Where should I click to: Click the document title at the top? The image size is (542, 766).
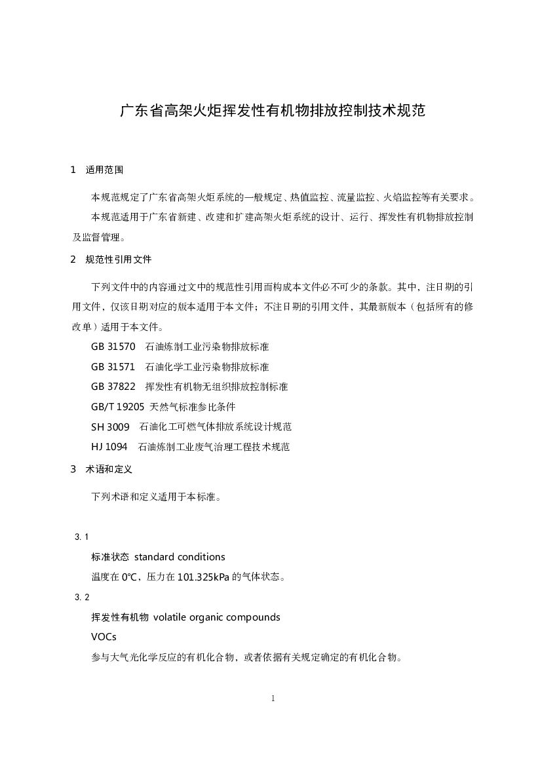pos(272,111)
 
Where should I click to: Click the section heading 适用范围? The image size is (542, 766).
pos(104,170)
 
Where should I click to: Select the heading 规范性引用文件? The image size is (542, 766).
pos(119,259)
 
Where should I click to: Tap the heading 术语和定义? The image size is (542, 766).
pos(109,469)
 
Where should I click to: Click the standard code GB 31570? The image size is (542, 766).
pos(113,347)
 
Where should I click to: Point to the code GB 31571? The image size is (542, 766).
pos(113,367)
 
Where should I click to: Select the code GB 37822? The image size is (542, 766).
pos(113,387)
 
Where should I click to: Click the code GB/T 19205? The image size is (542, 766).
pos(117,407)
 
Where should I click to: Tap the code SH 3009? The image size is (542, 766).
pos(110,427)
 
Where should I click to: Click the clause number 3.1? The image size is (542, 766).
pos(82,537)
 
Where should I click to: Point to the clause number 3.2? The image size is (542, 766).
pos(82,597)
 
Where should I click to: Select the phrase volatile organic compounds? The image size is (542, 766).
pos(216,617)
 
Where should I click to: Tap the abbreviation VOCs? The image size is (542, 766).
pos(105,637)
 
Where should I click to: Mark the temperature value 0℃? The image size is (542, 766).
pos(128,577)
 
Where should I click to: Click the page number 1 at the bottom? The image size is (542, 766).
pos(273,699)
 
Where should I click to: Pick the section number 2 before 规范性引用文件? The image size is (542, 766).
pos(73,259)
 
